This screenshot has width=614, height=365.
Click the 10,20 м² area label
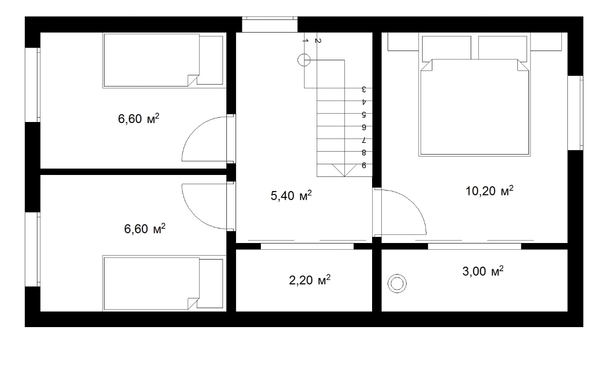tap(490, 191)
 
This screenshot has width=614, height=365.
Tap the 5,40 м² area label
tap(291, 195)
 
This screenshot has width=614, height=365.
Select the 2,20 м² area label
tap(310, 280)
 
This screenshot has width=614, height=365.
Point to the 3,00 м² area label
tap(483, 271)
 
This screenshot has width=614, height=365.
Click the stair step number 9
tap(364, 165)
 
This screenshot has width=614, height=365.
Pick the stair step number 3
tap(364, 89)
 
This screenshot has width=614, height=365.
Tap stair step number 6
tap(364, 127)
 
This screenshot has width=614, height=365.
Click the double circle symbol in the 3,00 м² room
tap(397, 283)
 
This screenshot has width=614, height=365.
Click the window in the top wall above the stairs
tap(270, 24)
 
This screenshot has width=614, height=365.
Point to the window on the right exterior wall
tap(575, 113)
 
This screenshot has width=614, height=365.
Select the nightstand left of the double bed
tap(403, 42)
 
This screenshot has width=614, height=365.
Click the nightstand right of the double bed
tap(546, 42)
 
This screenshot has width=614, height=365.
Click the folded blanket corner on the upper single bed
tap(193, 80)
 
